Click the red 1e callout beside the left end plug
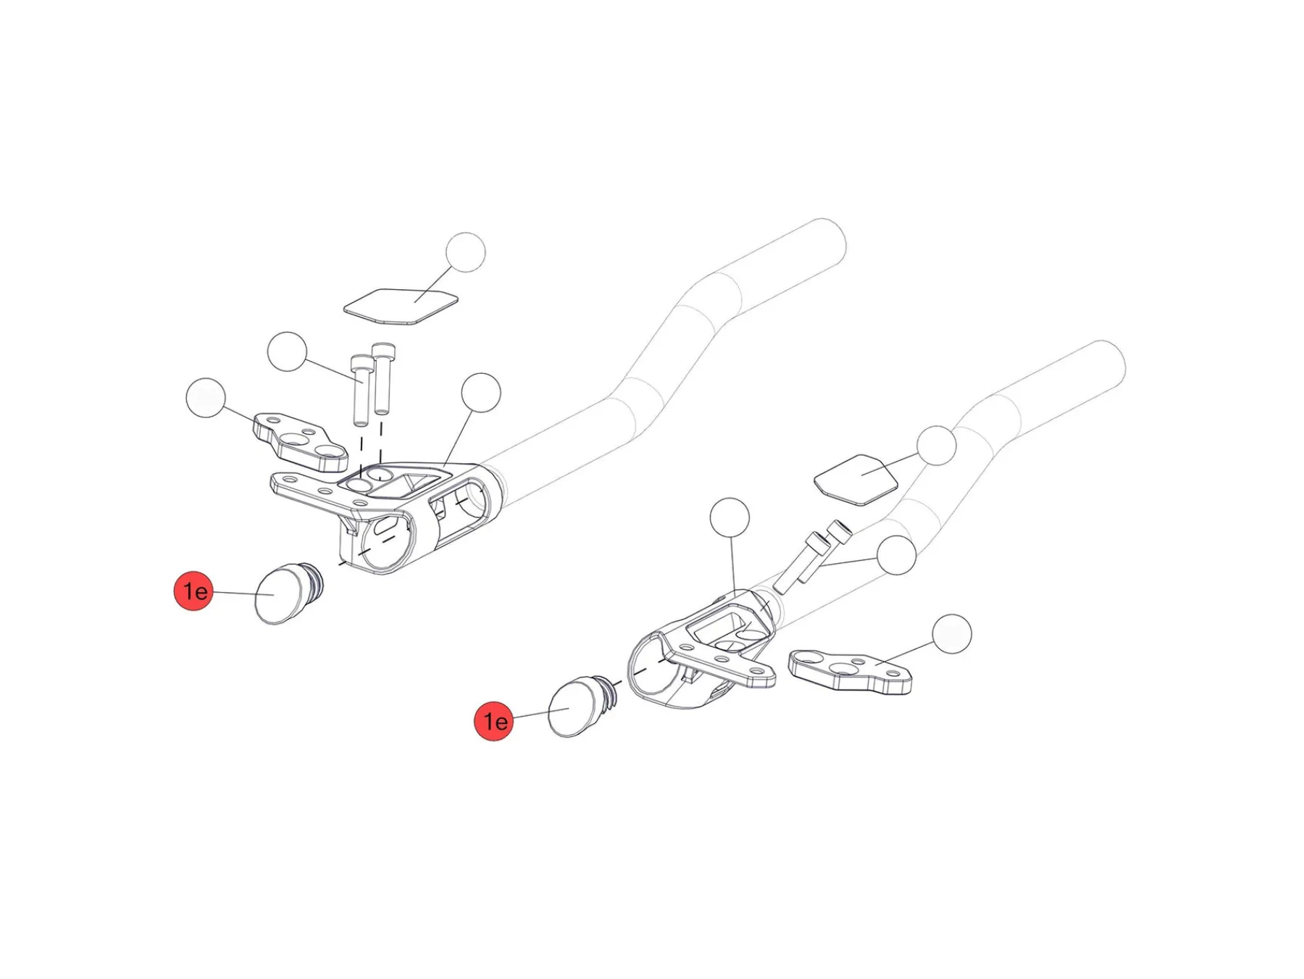tap(193, 591)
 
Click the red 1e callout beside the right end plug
tap(493, 720)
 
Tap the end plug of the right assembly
tap(577, 706)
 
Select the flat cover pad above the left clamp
tap(401, 307)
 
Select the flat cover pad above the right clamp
tap(856, 479)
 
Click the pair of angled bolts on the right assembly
tap(810, 557)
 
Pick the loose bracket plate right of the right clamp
tap(849, 671)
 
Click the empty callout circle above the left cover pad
tap(465, 252)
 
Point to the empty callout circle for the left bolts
tap(287, 351)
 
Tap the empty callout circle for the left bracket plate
tap(206, 397)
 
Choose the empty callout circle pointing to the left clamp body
tap(480, 392)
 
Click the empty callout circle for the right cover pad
tap(936, 445)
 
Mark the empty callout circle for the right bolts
tap(896, 555)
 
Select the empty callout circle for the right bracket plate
tap(951, 634)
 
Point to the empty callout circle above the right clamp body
tap(730, 517)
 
